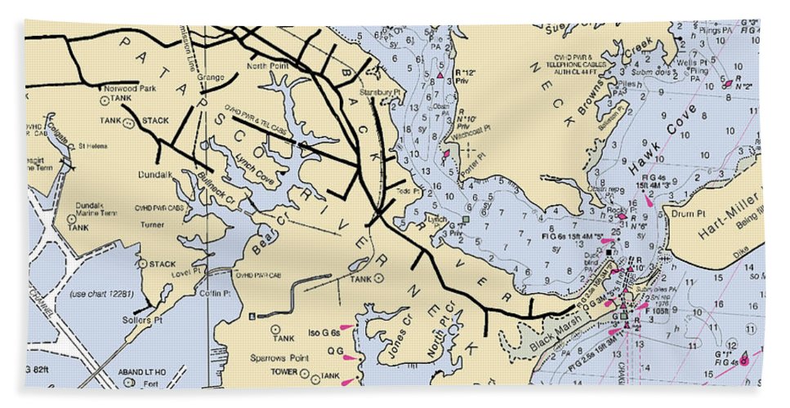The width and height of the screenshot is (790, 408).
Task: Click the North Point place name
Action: point(268,65)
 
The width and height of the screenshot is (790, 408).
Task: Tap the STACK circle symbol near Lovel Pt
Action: point(142,264)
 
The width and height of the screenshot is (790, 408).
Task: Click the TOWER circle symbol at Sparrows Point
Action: point(304,375)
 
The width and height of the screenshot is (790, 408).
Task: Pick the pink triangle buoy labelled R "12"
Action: point(440,76)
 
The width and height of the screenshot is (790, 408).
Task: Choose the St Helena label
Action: point(93,147)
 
